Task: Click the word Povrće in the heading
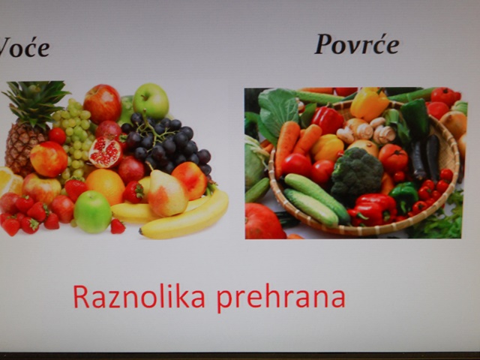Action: coord(357,45)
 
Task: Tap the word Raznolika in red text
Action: coord(139,297)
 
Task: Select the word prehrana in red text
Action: coord(281,298)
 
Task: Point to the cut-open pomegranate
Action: coord(104,151)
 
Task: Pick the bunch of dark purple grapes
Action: coord(166,143)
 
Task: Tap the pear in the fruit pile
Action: coord(167,193)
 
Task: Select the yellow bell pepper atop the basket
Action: coord(369,104)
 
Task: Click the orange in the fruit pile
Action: coord(105,186)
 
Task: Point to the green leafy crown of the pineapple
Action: coord(36,102)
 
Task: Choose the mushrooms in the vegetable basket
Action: coord(366,130)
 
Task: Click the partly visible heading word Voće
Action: coord(25,46)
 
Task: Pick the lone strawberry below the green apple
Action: coord(118,226)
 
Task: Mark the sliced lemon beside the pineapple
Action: coord(10,181)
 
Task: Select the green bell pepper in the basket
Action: coord(403,196)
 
